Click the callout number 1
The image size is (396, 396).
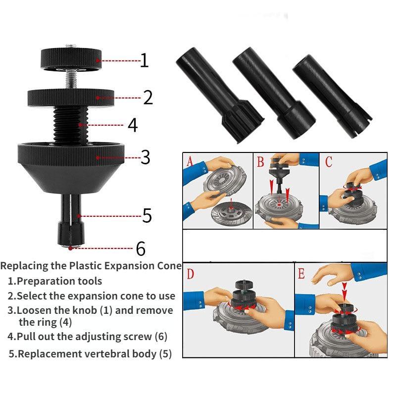144,60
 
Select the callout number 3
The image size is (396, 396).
145,157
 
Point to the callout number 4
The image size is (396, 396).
133,125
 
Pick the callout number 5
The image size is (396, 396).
147,215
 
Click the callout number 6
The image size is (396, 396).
141,247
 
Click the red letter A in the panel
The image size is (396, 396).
190,161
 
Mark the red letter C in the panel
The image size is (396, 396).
329,161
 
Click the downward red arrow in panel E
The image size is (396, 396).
345,293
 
